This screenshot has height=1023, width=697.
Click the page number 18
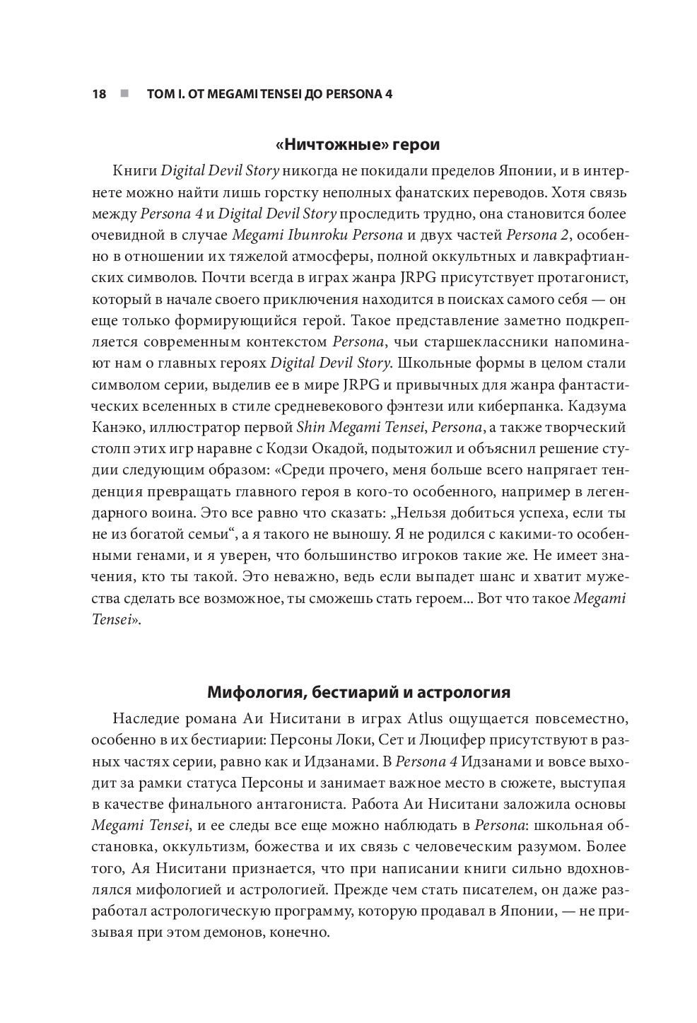[99, 94]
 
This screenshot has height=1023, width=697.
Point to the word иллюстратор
[185, 428]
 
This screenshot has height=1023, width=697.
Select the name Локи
[383, 740]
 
